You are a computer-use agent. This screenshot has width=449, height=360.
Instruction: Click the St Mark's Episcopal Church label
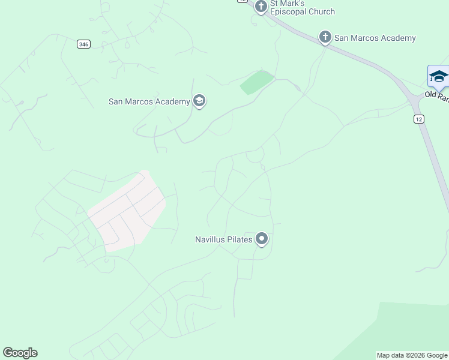tap(302, 8)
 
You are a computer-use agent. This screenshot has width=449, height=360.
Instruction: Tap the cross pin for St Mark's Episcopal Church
tap(261, 7)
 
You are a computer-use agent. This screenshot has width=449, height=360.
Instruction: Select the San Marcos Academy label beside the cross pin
tap(375, 38)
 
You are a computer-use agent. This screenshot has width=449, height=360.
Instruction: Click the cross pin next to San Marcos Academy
tap(325, 38)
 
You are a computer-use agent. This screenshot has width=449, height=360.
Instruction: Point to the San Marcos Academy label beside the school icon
tap(149, 101)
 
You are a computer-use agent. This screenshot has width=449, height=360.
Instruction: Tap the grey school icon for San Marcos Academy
tap(200, 101)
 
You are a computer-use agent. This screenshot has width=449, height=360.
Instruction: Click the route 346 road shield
tap(84, 44)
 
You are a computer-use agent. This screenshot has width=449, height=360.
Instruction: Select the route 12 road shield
tap(419, 119)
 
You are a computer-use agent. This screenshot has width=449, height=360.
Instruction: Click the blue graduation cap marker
tap(438, 77)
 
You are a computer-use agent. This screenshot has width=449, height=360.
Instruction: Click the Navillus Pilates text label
tap(223, 239)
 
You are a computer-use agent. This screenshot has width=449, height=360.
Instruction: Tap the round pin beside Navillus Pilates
tap(262, 239)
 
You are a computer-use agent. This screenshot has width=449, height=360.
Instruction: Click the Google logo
tap(20, 353)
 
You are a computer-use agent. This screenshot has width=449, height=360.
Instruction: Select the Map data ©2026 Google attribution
tap(412, 355)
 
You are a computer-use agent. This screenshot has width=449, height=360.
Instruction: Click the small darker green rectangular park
tap(257, 82)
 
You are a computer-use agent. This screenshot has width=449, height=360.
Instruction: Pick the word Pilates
tap(240, 239)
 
